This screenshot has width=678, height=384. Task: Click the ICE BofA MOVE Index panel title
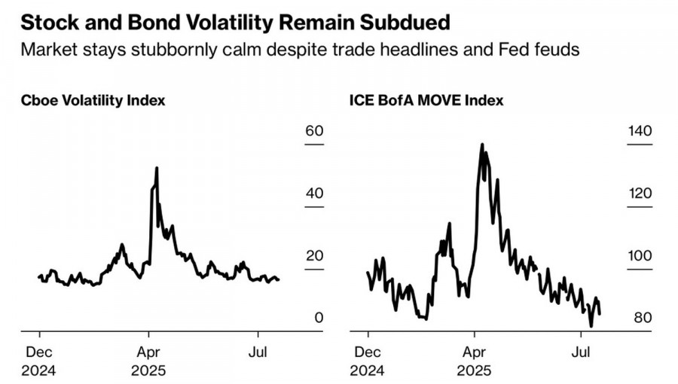(x=426, y=100)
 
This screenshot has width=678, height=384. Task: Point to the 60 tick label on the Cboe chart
(x=313, y=131)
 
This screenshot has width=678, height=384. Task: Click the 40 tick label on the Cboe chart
(x=313, y=194)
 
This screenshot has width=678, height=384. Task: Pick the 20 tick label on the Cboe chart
(x=313, y=255)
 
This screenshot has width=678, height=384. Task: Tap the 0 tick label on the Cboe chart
(x=319, y=318)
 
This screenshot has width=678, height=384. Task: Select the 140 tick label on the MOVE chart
(x=640, y=131)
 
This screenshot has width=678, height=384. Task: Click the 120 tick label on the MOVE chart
(x=640, y=194)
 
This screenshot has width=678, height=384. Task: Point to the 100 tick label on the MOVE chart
(x=640, y=255)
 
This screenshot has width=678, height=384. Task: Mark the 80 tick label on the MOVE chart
(x=643, y=318)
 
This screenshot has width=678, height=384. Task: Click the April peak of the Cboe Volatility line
(x=156, y=168)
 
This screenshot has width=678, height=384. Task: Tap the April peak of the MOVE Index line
(x=481, y=145)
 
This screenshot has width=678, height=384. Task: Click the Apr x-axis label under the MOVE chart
(x=474, y=352)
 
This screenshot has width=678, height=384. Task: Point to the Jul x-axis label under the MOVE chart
(x=581, y=352)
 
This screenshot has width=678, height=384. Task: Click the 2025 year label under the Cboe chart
(x=149, y=370)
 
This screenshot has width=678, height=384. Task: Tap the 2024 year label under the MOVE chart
(x=368, y=370)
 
